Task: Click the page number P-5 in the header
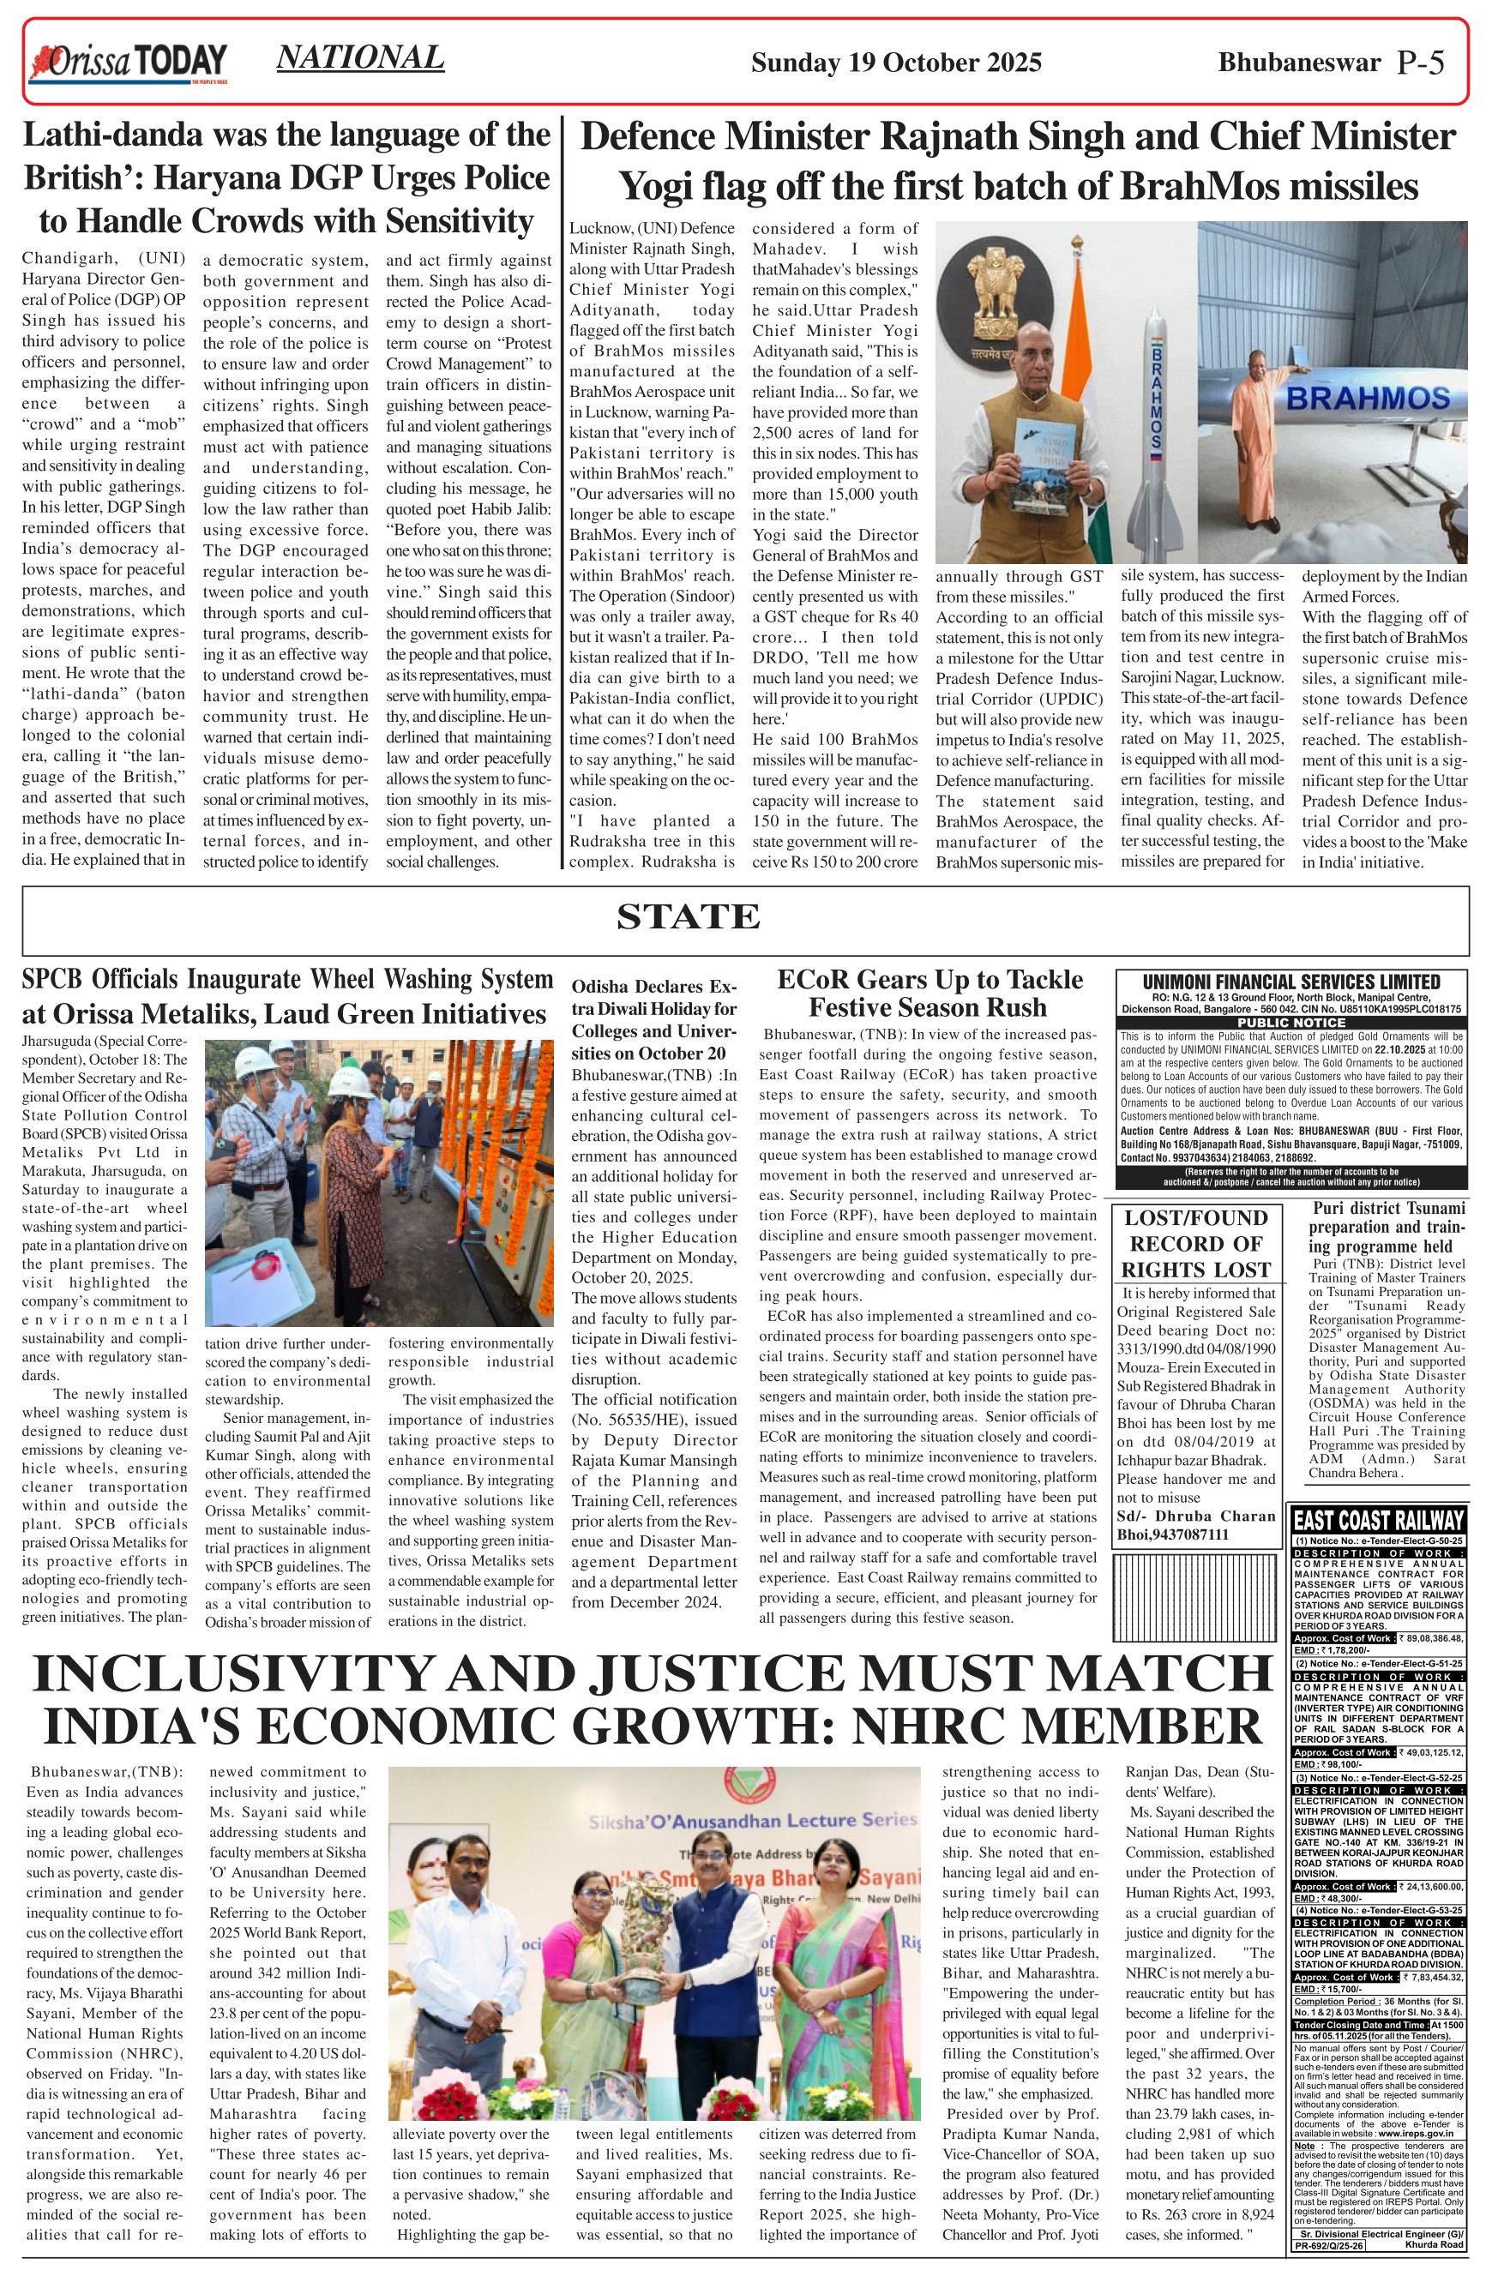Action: [x=1420, y=63]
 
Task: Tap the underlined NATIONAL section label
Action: [x=359, y=57]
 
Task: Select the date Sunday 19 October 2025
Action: [x=895, y=63]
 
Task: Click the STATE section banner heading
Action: [x=688, y=916]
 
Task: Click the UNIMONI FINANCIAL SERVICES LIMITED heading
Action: [x=1290, y=982]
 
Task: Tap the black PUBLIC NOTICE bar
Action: [x=1290, y=1023]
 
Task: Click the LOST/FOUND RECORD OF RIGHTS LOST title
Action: [x=1194, y=1242]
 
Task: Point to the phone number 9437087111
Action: [x=1208, y=1534]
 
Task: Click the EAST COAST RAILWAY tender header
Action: [x=1377, y=1520]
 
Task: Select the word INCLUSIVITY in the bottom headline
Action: [x=234, y=1673]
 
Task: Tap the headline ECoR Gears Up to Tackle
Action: [x=929, y=979]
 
